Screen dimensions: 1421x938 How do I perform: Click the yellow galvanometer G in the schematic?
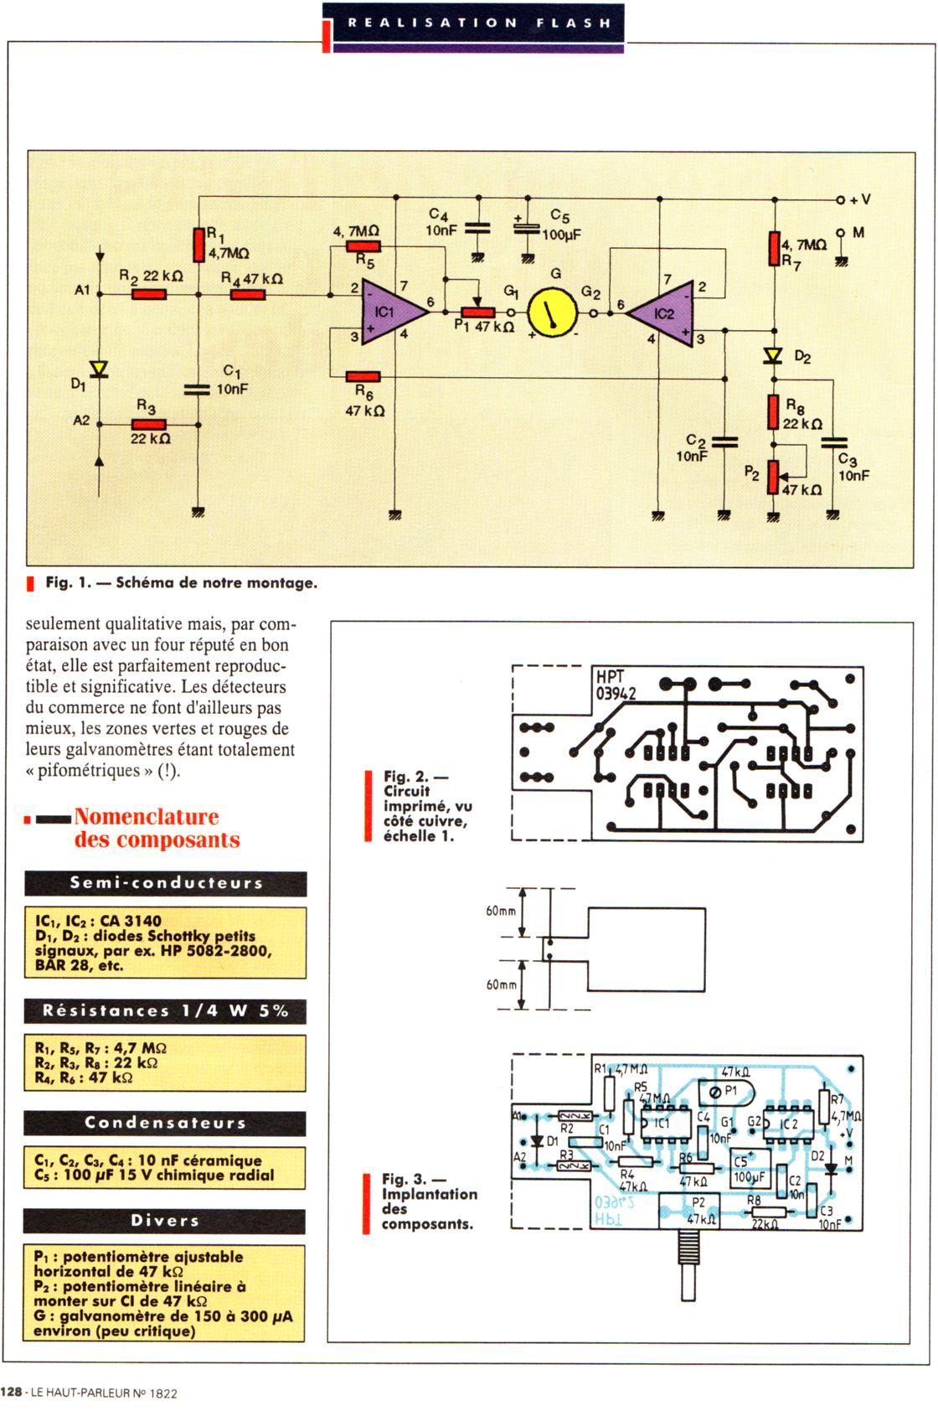point(553,313)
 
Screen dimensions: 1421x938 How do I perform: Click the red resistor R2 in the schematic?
point(149,294)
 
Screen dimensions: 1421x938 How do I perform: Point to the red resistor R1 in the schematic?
point(199,244)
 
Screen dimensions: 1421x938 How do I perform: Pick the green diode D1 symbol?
point(100,369)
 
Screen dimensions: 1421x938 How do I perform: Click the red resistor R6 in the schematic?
point(363,376)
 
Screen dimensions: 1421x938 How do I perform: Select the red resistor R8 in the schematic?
point(774,411)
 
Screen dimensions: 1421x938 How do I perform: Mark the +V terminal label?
point(859,200)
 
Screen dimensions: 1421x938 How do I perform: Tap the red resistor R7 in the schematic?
point(774,250)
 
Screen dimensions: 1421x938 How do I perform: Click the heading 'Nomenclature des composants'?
point(157,828)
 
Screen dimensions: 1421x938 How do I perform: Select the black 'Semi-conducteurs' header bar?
point(166,883)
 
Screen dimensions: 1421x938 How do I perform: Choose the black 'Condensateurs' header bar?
point(165,1123)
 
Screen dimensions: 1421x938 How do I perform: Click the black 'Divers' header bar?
point(165,1221)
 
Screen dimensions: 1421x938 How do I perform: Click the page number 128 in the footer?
point(12,1393)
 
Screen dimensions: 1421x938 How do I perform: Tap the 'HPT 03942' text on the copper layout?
point(616,685)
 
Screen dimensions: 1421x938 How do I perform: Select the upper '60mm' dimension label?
point(501,911)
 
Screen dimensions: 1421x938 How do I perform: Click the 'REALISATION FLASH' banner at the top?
point(479,23)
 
